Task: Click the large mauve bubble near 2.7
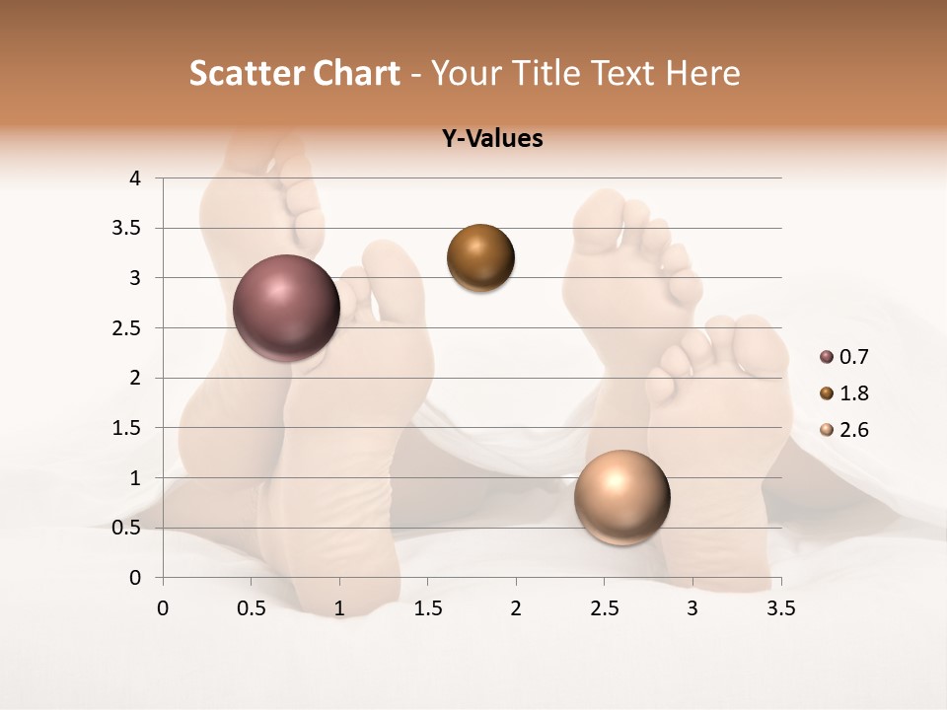tap(286, 308)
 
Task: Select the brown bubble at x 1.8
tap(480, 257)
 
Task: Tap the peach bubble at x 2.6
tap(621, 497)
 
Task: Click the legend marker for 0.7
tap(827, 357)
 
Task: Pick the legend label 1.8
tap(853, 393)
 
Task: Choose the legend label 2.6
tap(853, 430)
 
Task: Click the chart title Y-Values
tap(492, 139)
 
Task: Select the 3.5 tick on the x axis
tap(780, 608)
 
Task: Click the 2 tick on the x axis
tap(516, 608)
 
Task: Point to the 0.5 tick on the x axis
tap(251, 608)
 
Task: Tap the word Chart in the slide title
tap(356, 73)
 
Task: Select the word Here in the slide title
tap(703, 73)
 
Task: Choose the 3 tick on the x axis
tap(692, 608)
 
